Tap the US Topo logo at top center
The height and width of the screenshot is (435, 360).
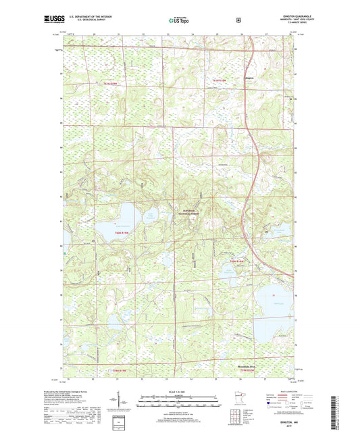click(179, 21)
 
